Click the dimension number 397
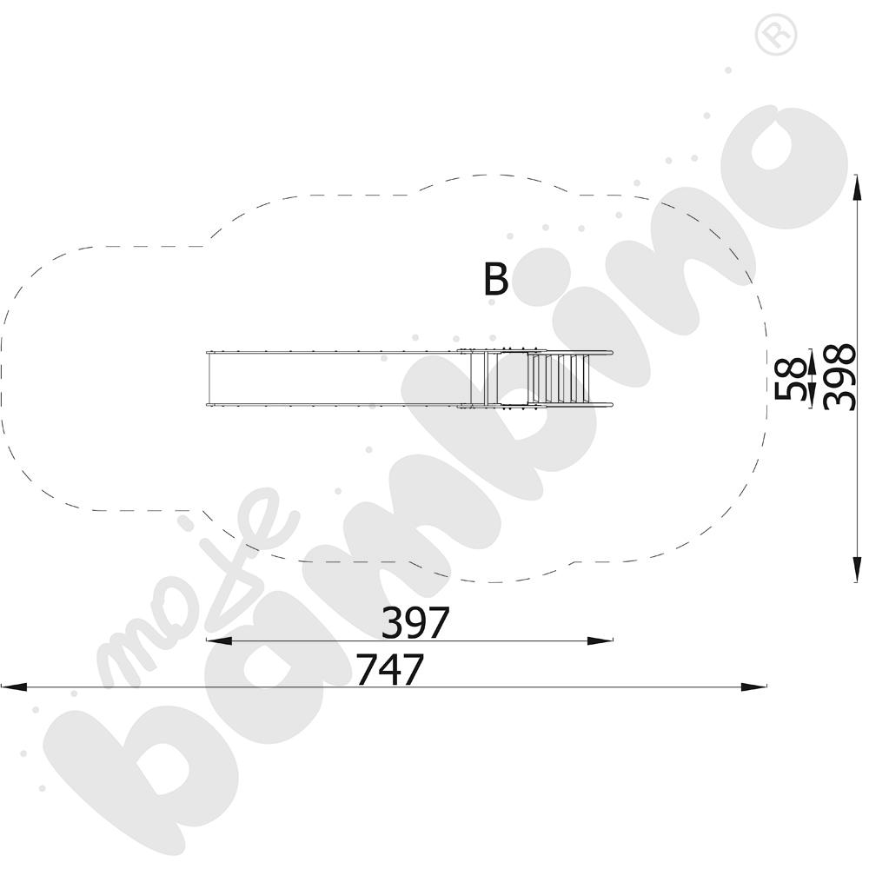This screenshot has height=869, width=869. [x=415, y=622]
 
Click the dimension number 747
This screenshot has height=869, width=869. [x=389, y=669]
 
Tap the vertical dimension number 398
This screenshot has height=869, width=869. [x=839, y=377]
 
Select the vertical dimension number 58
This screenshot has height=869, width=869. [x=791, y=379]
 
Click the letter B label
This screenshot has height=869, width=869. [x=495, y=279]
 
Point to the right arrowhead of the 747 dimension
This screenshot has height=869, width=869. [x=753, y=687]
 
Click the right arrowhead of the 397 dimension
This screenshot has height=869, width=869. [x=600, y=640]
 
